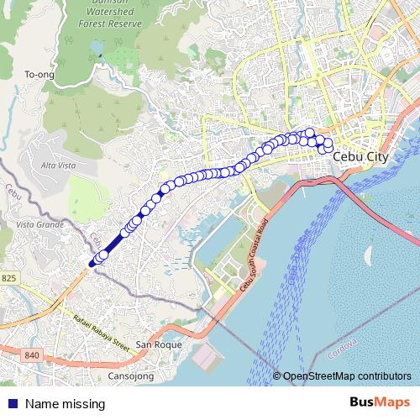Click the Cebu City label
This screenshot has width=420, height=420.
tap(361, 156)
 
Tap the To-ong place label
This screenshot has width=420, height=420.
tap(39, 75)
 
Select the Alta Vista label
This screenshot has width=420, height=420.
tap(59, 166)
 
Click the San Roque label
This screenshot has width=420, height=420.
tap(155, 345)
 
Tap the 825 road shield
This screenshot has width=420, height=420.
tap(9, 278)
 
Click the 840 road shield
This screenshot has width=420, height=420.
tap(32, 355)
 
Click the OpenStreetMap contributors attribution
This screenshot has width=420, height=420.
tap(348, 376)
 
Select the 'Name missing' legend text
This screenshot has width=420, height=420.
tap(65, 404)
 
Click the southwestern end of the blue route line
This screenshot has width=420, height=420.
tap(90, 264)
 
